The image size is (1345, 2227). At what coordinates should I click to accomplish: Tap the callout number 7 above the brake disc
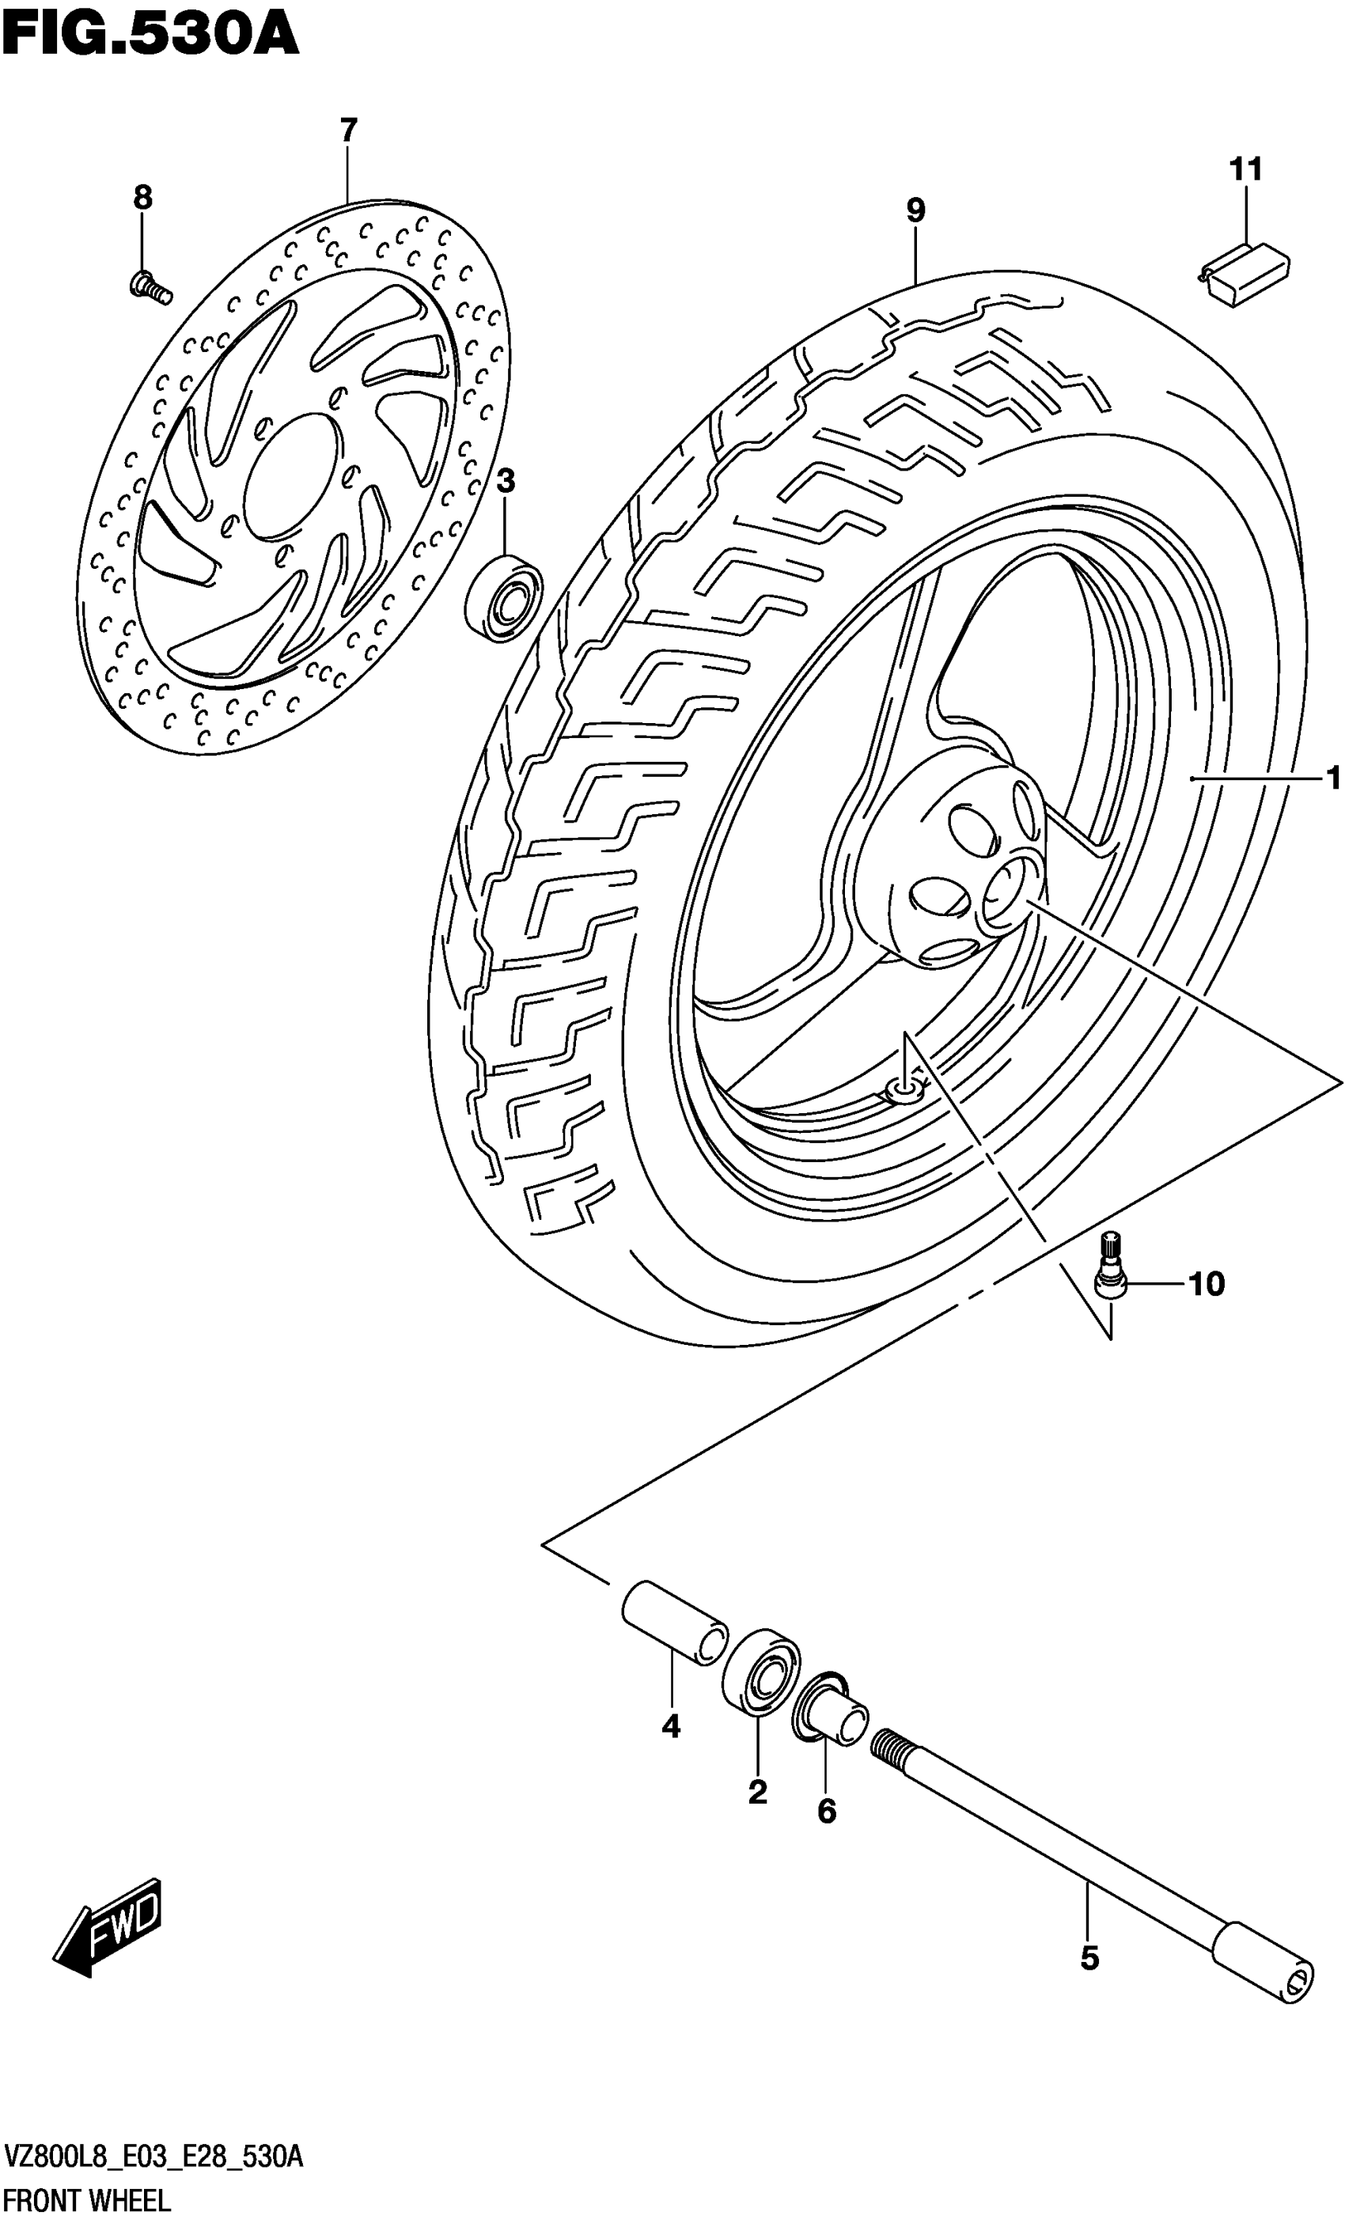349,131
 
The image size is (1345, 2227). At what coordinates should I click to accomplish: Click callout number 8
143,197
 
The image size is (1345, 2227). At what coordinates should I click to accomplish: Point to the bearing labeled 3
503,598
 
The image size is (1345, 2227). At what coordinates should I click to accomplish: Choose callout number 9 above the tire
915,210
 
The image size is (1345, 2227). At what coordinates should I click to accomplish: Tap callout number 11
1245,169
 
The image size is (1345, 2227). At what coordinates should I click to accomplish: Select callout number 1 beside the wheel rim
1333,778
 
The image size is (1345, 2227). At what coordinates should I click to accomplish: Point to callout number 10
1206,1283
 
